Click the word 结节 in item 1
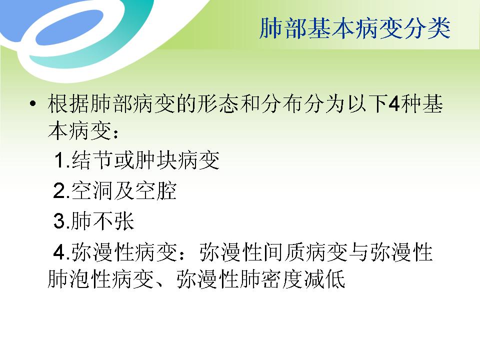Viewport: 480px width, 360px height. (93, 161)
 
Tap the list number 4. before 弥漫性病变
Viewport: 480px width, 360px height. (62, 252)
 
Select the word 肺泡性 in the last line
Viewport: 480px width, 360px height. (79, 280)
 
